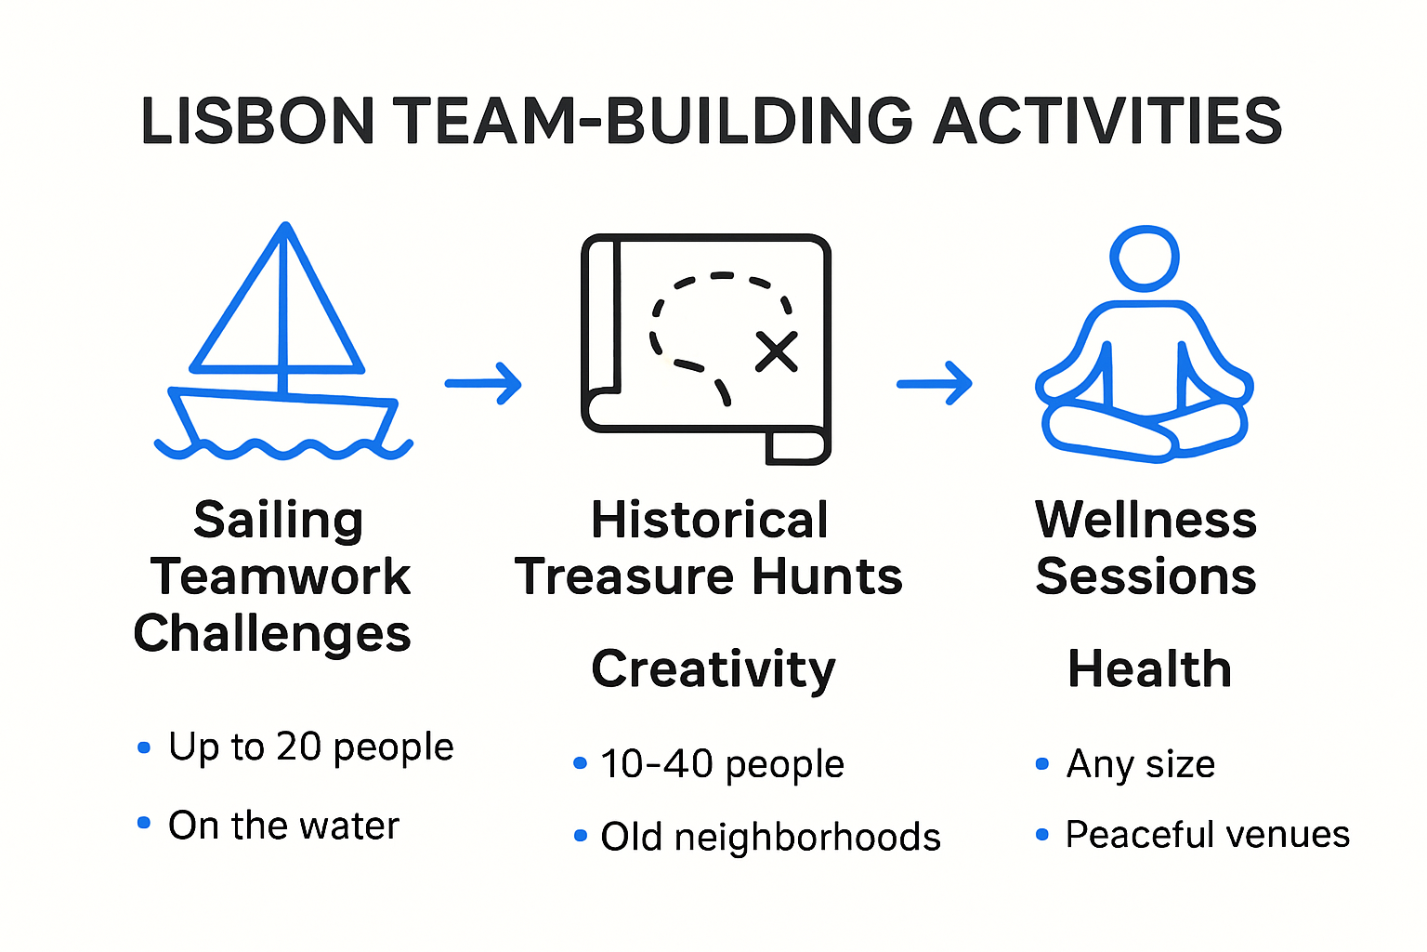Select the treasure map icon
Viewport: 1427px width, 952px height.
click(706, 349)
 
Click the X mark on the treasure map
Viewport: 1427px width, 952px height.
click(776, 351)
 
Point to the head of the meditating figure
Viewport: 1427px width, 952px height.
click(1145, 258)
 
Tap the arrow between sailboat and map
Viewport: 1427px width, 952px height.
click(483, 382)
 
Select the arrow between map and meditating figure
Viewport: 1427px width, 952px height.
click(934, 382)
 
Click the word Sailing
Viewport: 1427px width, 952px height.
click(278, 521)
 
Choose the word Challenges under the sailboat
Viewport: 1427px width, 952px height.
click(272, 635)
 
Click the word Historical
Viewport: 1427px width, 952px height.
click(709, 520)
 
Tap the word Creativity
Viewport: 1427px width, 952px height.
click(713, 670)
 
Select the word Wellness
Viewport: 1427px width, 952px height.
click(1146, 520)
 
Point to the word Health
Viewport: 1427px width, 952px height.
click(1149, 669)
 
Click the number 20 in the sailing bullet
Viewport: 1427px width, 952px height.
click(298, 747)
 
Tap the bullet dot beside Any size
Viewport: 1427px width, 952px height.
click(1041, 764)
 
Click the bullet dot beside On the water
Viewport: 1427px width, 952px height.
click(144, 823)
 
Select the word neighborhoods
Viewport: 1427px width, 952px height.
click(807, 837)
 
